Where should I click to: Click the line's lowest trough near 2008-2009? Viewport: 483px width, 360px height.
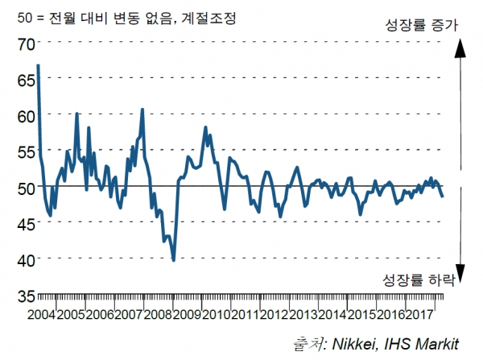[x=174, y=260]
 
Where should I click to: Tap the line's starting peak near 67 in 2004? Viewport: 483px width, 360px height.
[x=39, y=64]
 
